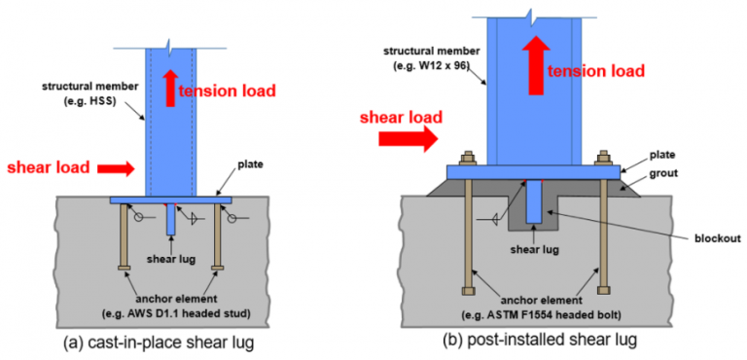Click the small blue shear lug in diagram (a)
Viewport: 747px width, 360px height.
click(x=171, y=218)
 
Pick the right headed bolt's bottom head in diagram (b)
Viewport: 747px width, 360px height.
click(x=603, y=287)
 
